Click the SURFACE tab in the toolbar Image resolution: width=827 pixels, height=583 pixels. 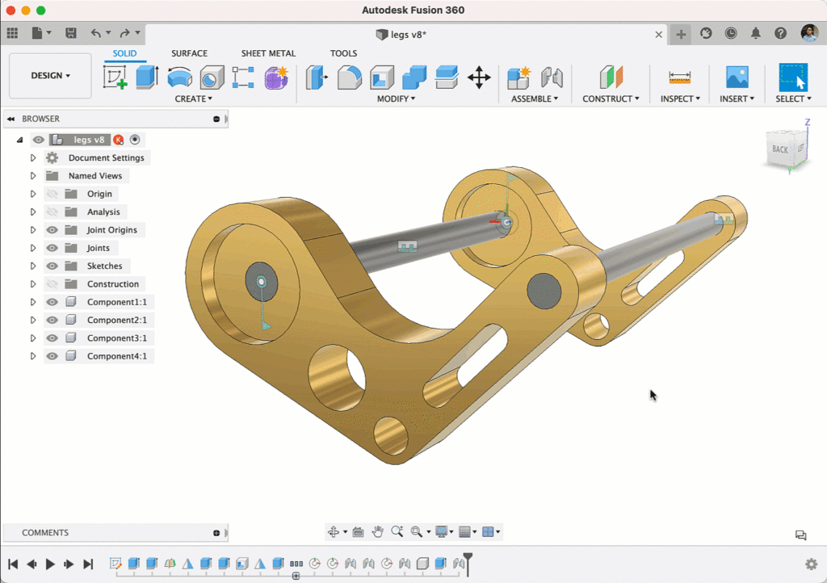(189, 53)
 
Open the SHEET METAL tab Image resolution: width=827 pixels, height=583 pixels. (268, 53)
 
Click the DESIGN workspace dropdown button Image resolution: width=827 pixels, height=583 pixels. (50, 76)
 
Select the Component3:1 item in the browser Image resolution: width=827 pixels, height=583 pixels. (116, 338)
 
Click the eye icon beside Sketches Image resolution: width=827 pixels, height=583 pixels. (52, 266)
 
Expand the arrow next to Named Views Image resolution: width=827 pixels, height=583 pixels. (33, 176)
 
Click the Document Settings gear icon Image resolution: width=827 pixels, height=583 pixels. (52, 158)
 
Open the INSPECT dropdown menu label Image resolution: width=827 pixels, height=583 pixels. (680, 99)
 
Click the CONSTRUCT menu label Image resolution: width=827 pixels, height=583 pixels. (611, 99)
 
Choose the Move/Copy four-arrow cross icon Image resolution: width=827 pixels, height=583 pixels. (479, 78)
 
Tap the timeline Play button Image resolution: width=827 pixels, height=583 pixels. (50, 564)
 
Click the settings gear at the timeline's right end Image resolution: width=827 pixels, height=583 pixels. (811, 564)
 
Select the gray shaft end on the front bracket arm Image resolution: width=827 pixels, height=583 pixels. (544, 290)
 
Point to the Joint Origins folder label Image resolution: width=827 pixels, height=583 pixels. (111, 230)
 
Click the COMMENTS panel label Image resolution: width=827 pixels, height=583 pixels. (45, 533)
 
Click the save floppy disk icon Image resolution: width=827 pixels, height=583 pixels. (71, 33)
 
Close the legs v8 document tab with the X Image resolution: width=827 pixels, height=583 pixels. (658, 34)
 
